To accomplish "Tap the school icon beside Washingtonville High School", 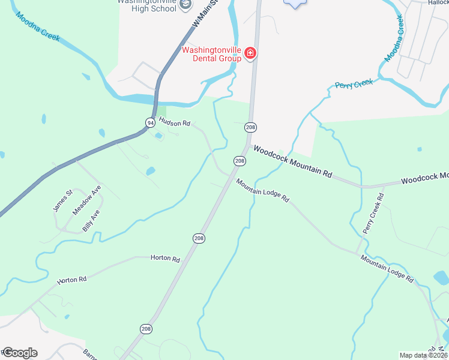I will [x=187, y=4].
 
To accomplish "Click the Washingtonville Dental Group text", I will [x=211, y=54].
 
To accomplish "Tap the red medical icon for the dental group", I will [x=250, y=54].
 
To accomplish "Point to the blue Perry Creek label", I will [x=354, y=84].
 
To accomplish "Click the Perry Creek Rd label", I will [x=373, y=214].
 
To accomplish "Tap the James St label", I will [x=62, y=200].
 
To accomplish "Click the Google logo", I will [x=19, y=352].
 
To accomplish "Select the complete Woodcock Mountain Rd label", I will [x=292, y=161].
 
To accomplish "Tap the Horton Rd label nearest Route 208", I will [x=166, y=259].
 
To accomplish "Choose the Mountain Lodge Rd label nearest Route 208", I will [x=262, y=190].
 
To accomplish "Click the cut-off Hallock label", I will [x=438, y=2].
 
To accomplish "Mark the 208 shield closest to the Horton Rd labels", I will [x=199, y=238].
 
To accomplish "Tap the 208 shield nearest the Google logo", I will [x=146, y=329].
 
